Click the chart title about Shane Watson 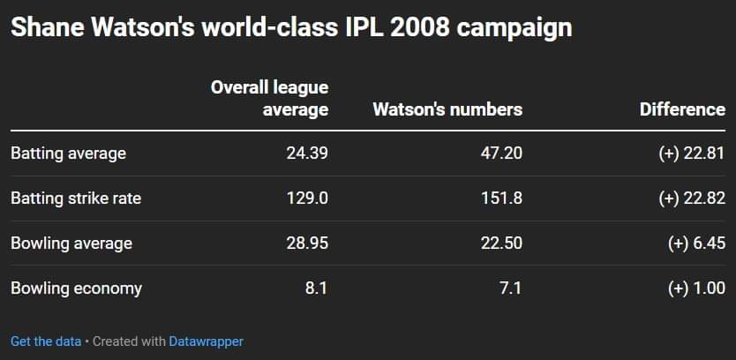[x=291, y=27]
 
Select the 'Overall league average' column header [x=269, y=98]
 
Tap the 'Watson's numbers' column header [x=447, y=109]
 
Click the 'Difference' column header [x=682, y=109]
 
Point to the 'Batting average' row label [x=68, y=154]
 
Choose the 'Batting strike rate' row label [x=76, y=199]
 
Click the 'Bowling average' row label [x=71, y=243]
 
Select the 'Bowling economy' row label [x=76, y=288]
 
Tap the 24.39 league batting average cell [x=307, y=154]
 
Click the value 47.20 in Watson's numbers [x=500, y=154]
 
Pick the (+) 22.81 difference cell [x=691, y=154]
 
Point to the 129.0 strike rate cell [x=307, y=199]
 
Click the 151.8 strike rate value [x=500, y=199]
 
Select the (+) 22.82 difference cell [x=691, y=199]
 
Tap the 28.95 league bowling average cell [x=307, y=243]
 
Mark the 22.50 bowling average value [x=500, y=243]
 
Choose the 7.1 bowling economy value [x=510, y=288]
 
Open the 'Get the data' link [x=46, y=341]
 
